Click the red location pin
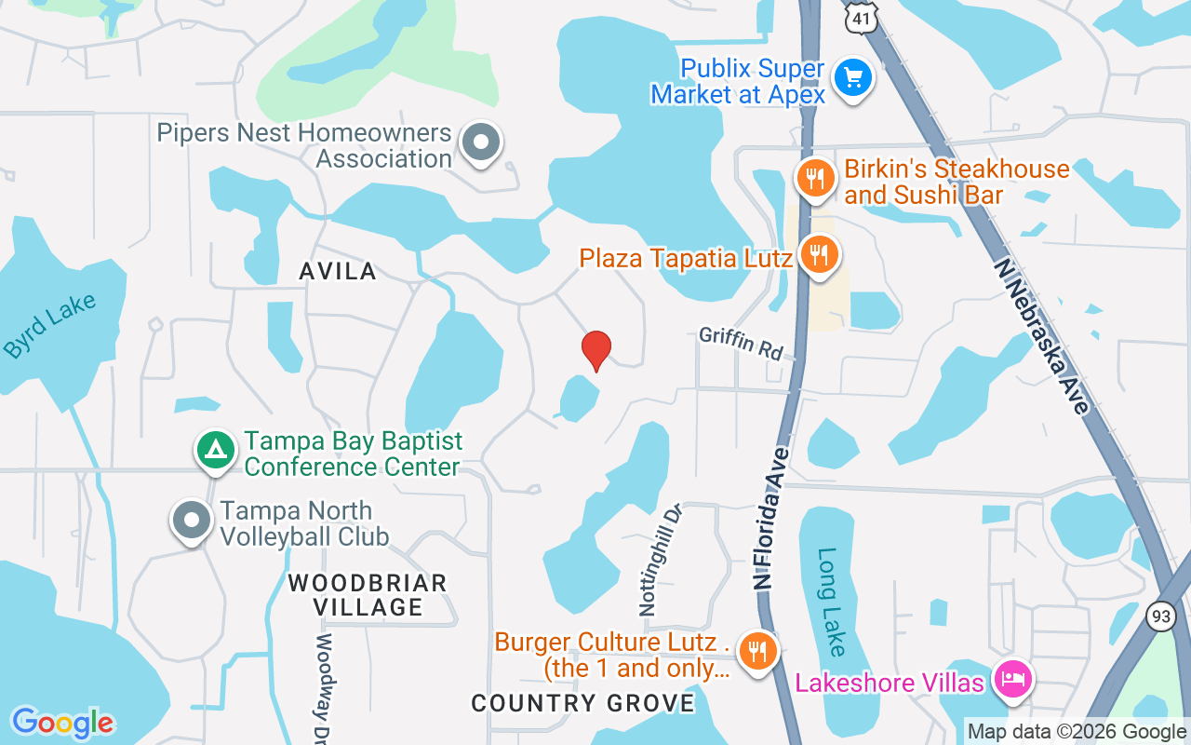[595, 350]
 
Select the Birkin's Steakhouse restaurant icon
[816, 177]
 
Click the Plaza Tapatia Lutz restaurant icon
[819, 253]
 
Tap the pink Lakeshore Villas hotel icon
[1010, 679]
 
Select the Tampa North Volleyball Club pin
[192, 520]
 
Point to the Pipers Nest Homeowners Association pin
[481, 143]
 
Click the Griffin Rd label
[742, 344]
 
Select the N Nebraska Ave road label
[1041, 335]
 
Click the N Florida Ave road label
[772, 517]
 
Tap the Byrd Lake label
[50, 326]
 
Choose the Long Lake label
[831, 602]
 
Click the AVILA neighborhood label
[338, 271]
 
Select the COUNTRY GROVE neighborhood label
[582, 703]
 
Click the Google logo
[62, 723]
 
